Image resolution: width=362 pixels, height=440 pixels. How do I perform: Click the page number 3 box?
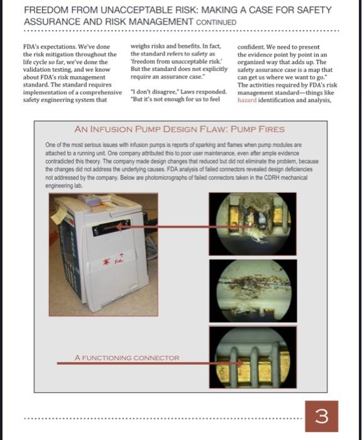[x=322, y=416]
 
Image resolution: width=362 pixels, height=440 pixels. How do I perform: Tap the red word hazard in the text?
[x=247, y=100]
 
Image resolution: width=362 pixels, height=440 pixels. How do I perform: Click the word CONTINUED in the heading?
[x=216, y=22]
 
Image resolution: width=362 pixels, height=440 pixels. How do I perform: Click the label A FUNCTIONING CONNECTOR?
[x=127, y=358]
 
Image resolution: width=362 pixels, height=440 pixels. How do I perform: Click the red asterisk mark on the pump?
[x=106, y=262]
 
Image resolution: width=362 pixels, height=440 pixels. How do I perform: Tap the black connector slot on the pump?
[x=111, y=228]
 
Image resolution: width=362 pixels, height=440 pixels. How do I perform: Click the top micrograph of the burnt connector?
[x=253, y=224]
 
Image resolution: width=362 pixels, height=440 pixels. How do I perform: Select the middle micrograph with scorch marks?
[x=253, y=290]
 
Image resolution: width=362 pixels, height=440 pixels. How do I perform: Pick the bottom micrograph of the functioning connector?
[x=253, y=357]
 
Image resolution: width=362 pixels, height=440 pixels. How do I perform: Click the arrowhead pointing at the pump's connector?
[x=119, y=226]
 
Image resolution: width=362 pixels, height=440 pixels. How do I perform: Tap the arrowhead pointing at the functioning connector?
[x=240, y=363]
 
